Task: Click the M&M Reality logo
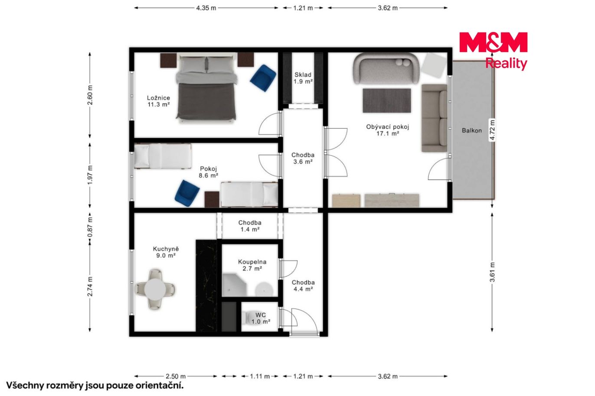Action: [493, 51]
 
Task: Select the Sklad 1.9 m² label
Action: [303, 78]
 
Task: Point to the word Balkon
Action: [472, 130]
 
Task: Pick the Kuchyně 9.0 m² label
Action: [166, 252]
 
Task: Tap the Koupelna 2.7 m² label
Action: [252, 265]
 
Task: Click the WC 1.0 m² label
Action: [261, 318]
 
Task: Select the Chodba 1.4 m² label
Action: [250, 226]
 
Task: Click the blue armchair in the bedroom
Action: [263, 78]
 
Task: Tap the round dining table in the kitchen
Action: [155, 289]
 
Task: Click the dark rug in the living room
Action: [387, 101]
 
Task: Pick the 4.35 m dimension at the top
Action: [206, 8]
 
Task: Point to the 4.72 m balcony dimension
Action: [492, 130]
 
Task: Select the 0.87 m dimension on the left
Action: [90, 227]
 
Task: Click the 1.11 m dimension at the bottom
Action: [260, 377]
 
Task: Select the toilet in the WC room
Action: [246, 318]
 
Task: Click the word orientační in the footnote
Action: [160, 386]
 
